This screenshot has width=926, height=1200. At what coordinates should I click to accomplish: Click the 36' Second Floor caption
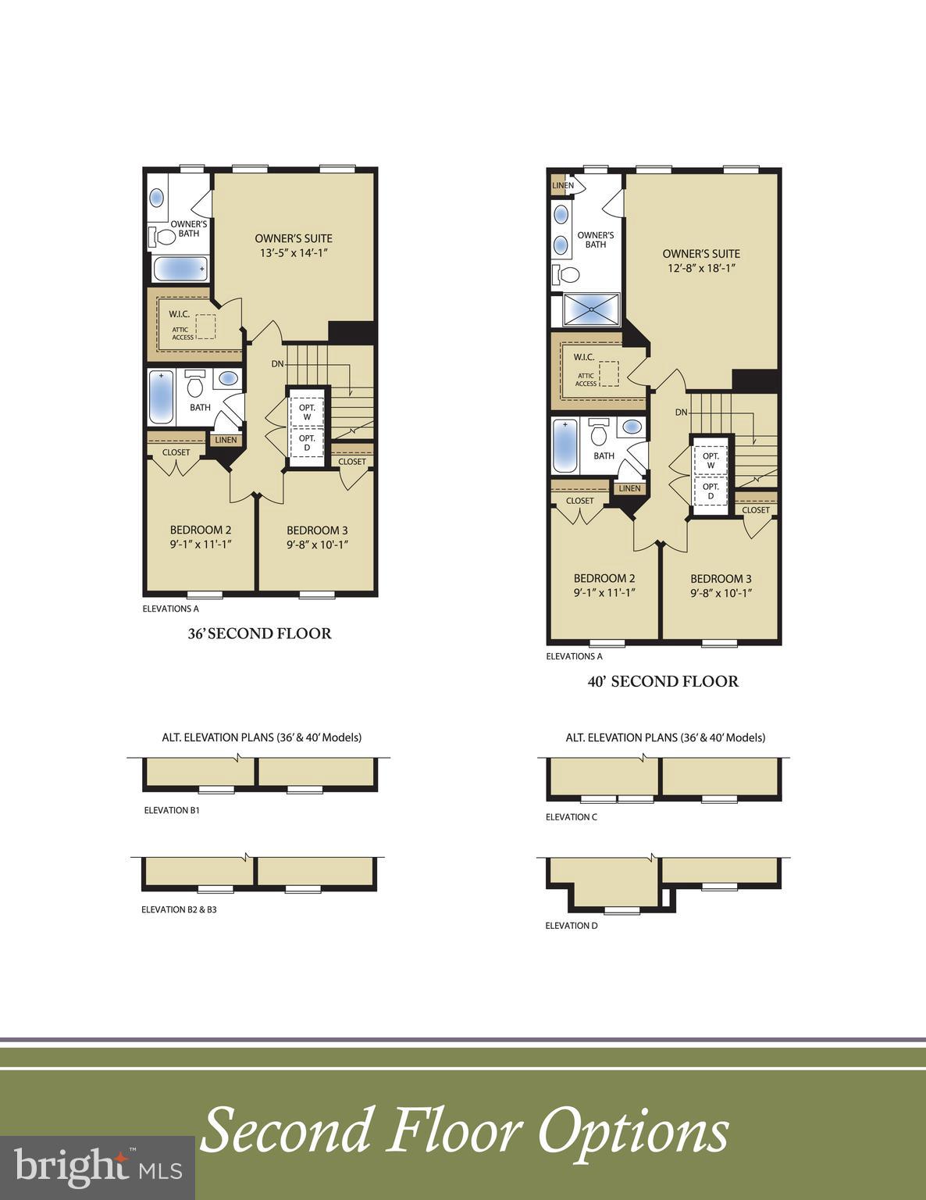[x=259, y=634]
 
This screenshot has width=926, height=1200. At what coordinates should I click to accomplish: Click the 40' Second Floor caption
[x=663, y=681]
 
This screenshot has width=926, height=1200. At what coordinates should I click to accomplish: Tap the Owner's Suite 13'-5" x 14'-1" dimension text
[x=294, y=253]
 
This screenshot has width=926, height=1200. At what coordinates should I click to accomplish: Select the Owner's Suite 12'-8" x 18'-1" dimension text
[x=700, y=268]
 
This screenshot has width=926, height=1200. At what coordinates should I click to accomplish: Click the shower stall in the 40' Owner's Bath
[x=591, y=309]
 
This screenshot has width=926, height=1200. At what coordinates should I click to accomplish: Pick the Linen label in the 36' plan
[x=225, y=440]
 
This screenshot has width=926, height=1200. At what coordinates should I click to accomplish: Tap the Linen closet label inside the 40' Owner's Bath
[x=562, y=186]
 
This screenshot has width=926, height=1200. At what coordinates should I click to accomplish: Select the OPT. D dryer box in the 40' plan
[x=711, y=491]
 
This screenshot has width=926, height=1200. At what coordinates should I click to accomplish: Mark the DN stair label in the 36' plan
[x=278, y=363]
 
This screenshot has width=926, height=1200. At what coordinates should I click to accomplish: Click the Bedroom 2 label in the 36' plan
[x=201, y=530]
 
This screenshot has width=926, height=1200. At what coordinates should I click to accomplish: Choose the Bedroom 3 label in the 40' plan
[x=721, y=579]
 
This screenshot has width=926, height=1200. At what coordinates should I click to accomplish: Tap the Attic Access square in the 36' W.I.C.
[x=205, y=327]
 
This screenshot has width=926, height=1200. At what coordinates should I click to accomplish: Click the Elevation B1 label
[x=172, y=810]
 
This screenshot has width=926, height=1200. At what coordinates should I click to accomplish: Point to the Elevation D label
[x=572, y=926]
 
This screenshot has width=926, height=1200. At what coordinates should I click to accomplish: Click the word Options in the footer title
[x=633, y=1131]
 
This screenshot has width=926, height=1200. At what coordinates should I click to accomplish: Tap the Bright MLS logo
[x=98, y=1167]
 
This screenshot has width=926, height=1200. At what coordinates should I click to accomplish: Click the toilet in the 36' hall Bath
[x=196, y=384]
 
